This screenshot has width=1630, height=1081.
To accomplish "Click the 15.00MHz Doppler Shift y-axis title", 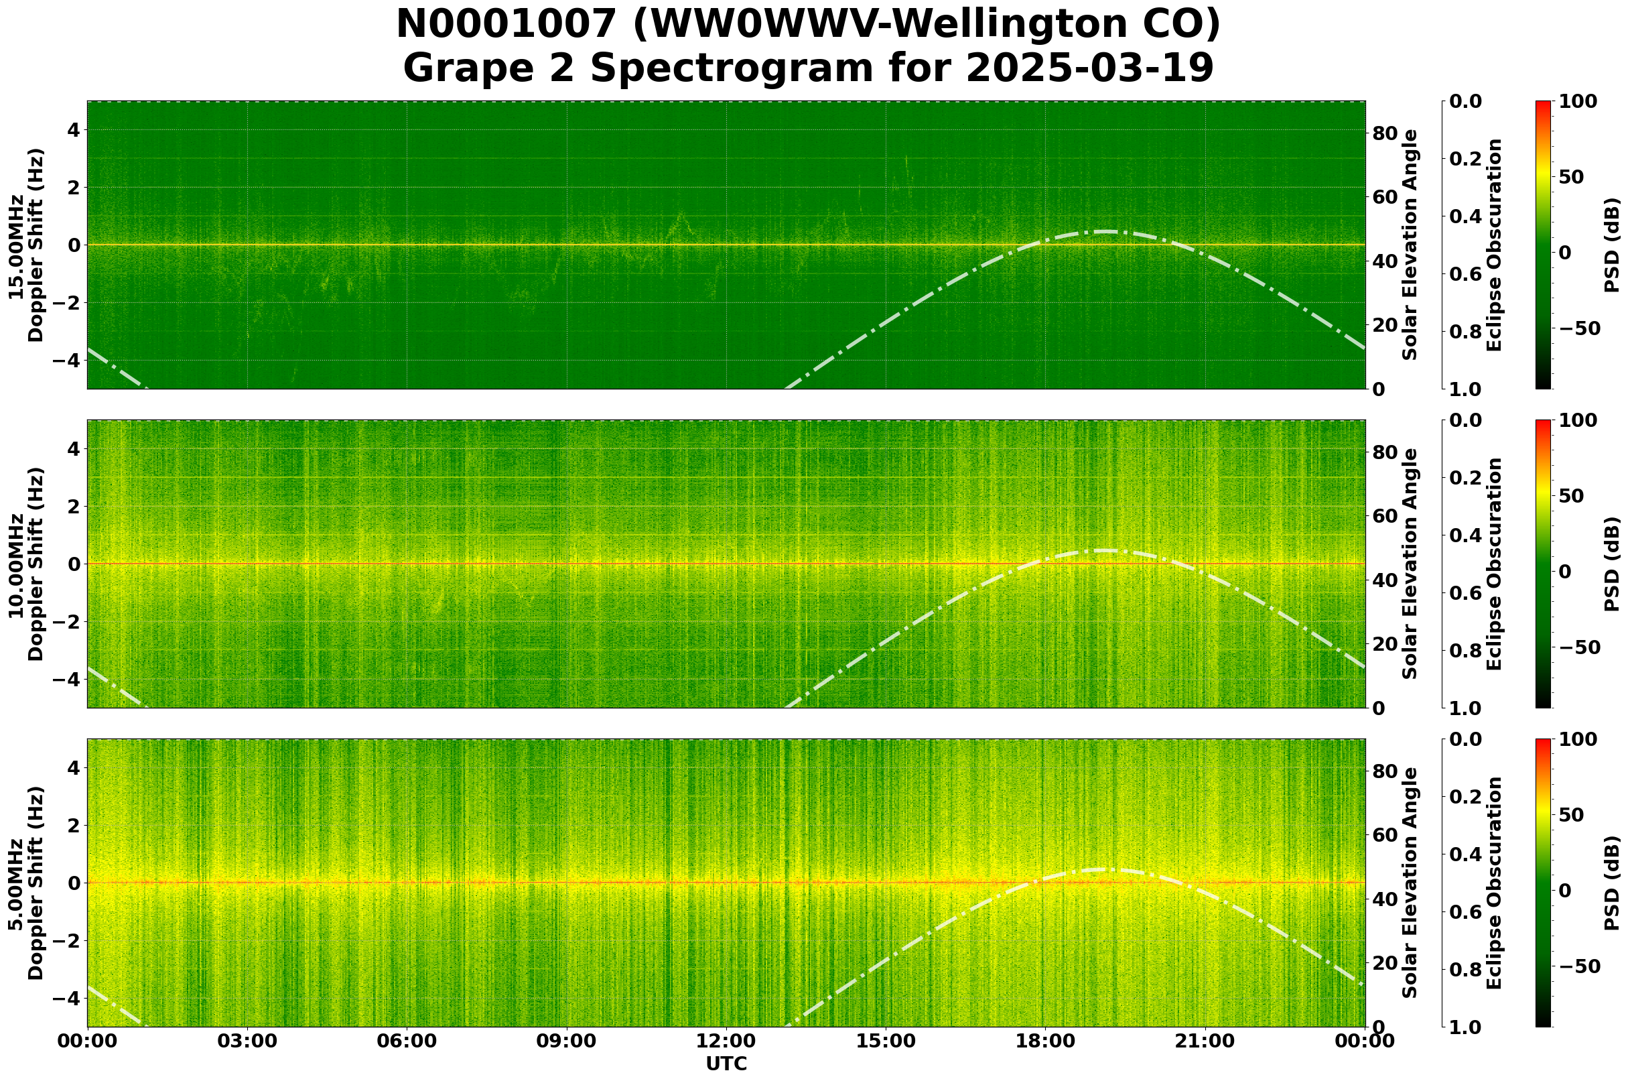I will click(x=26, y=245).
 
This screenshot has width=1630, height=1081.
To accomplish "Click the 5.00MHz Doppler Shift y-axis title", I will click(x=26, y=883).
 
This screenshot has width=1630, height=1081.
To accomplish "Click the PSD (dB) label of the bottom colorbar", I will click(x=1611, y=883).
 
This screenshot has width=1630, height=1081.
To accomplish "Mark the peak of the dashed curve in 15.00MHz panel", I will click(x=1106, y=232).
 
